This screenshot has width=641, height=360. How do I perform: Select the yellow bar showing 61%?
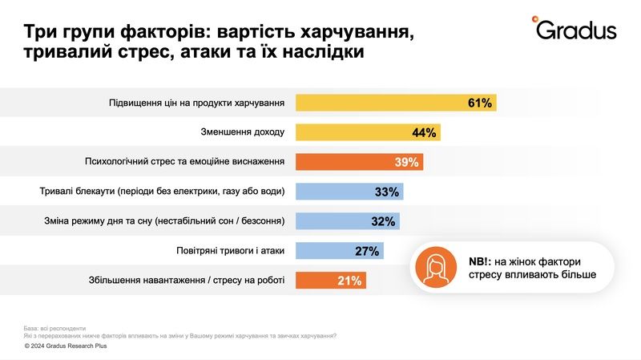(396, 103)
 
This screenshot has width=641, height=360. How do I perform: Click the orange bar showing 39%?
(359, 162)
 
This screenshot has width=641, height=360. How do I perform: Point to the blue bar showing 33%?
(349, 192)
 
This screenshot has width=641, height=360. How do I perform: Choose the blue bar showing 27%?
(340, 251)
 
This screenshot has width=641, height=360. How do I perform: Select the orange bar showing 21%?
(331, 281)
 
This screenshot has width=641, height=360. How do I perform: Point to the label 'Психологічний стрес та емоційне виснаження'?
(185, 162)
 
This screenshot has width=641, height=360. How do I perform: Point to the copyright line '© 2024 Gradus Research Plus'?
(66, 346)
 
